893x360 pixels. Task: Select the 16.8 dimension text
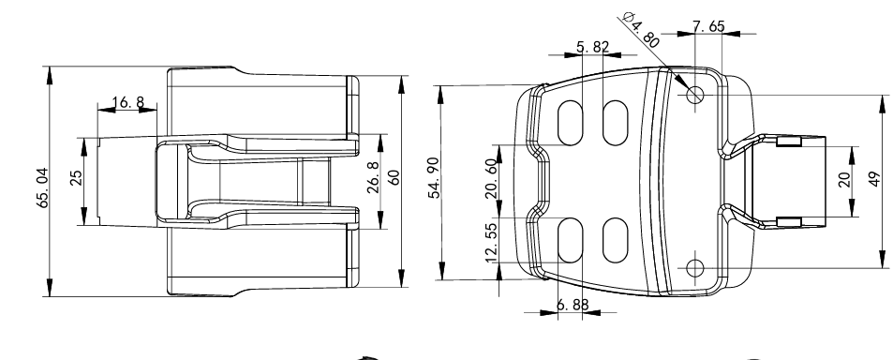pos(128,102)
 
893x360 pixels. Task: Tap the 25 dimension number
pos(76,178)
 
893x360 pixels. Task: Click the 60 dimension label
pos(394,178)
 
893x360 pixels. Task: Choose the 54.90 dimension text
pos(435,178)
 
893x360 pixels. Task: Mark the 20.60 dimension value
pos(492,178)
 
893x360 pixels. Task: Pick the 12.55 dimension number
pos(492,243)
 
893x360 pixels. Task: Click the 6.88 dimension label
pos(573,305)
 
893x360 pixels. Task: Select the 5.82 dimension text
pos(593,47)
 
